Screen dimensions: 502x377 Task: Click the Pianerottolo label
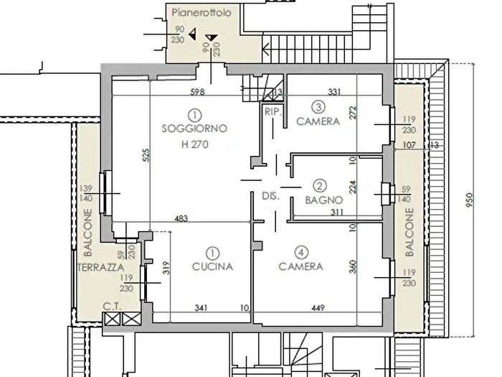tap(202, 13)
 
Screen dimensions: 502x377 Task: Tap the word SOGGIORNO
tap(194, 129)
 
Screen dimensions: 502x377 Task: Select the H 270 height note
tap(194, 144)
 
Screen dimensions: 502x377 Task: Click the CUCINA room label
tap(212, 266)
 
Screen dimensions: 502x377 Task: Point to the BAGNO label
tap(324, 200)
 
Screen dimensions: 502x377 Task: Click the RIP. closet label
tap(273, 112)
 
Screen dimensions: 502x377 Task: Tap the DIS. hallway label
tap(270, 196)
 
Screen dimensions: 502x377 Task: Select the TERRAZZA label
tap(101, 267)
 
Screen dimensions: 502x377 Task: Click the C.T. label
tap(112, 307)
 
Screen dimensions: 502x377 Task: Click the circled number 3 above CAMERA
tap(318, 107)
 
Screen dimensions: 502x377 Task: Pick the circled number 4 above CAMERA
tap(301, 252)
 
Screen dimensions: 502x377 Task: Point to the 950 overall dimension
tap(469, 200)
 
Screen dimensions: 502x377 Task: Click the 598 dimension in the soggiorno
tap(197, 92)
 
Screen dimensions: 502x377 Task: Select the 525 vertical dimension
tap(146, 155)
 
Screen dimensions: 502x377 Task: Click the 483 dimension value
tap(181, 218)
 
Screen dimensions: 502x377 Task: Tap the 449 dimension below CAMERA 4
tap(318, 308)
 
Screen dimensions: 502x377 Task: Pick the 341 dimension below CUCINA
tap(201, 308)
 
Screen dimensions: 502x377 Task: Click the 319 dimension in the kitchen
tap(166, 268)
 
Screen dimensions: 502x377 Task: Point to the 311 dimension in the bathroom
tap(337, 213)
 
